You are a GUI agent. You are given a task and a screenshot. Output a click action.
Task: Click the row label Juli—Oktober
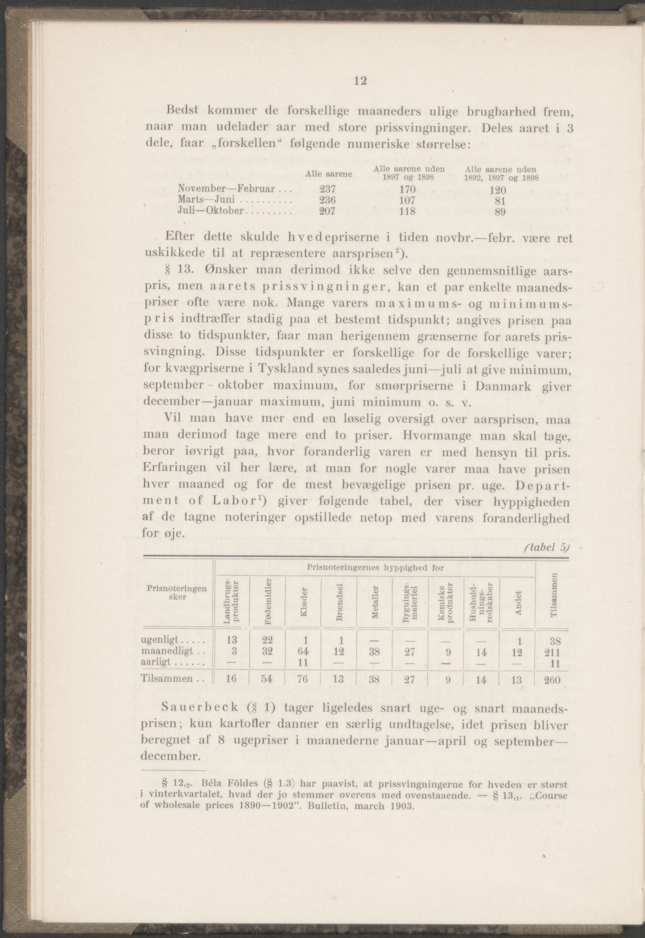click(x=211, y=211)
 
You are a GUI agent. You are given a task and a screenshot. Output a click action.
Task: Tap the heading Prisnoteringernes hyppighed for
click(x=375, y=568)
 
